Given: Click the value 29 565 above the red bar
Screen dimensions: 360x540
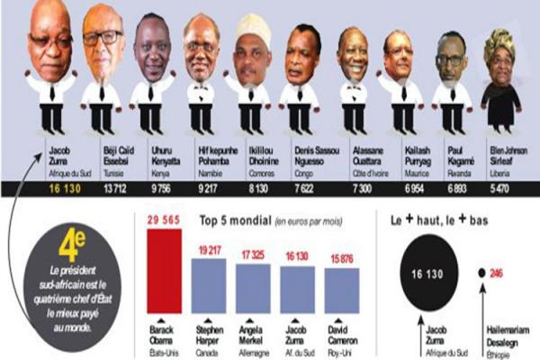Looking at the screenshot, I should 163,219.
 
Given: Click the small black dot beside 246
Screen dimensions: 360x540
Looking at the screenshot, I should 482,271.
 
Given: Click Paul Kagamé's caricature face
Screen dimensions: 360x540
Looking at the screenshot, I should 452,58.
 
